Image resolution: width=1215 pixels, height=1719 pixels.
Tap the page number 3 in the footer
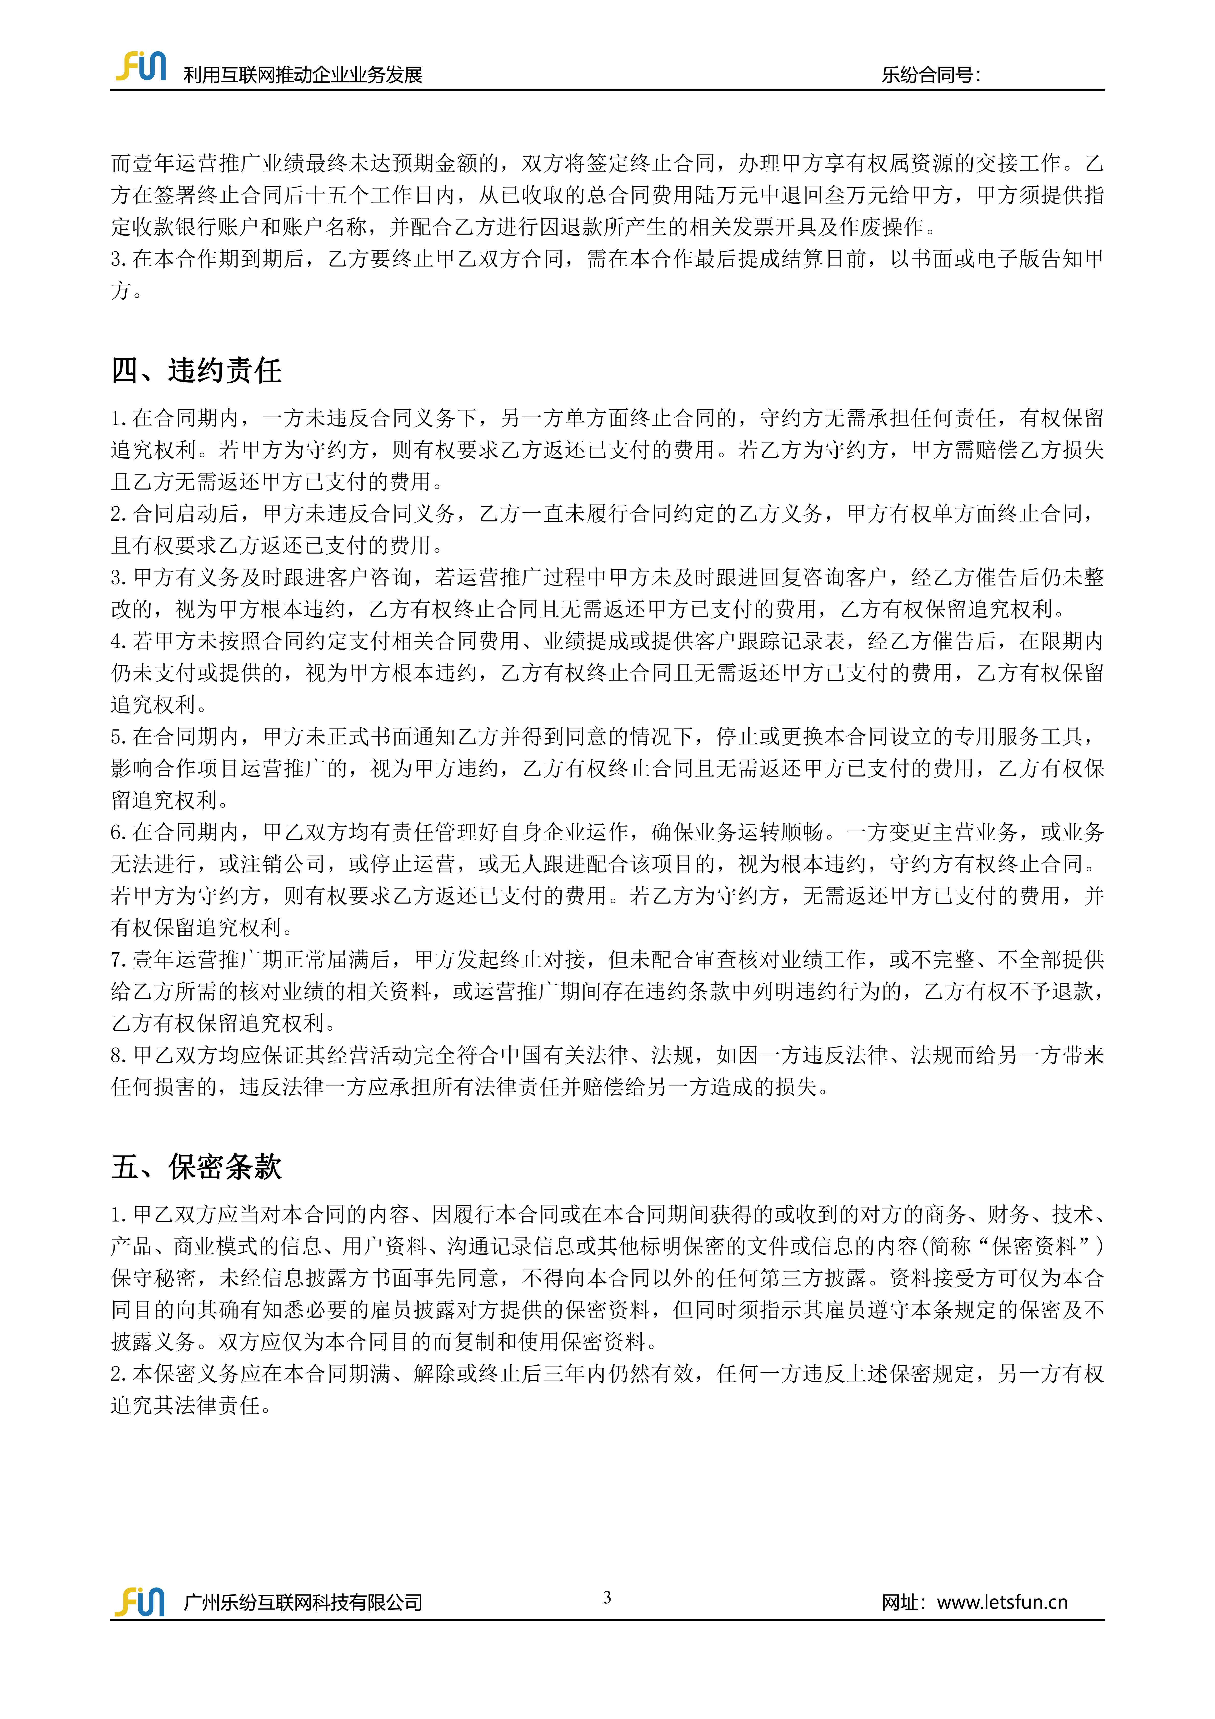pyautogui.click(x=607, y=1597)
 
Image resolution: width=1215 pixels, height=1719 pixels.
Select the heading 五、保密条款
pyautogui.click(x=196, y=1166)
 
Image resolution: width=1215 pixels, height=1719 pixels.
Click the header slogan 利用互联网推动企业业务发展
pyautogui.click(x=302, y=75)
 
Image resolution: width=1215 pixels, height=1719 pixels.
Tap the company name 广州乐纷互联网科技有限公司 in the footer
pyautogui.click(x=302, y=1603)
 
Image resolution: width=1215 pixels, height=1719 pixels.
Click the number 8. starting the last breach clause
pyautogui.click(x=119, y=1056)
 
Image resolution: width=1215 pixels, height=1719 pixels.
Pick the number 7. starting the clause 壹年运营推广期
pyautogui.click(x=119, y=960)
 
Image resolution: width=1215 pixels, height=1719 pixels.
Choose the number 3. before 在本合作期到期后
pyautogui.click(x=119, y=259)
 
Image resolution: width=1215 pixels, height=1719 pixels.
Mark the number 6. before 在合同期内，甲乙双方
pyautogui.click(x=119, y=833)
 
